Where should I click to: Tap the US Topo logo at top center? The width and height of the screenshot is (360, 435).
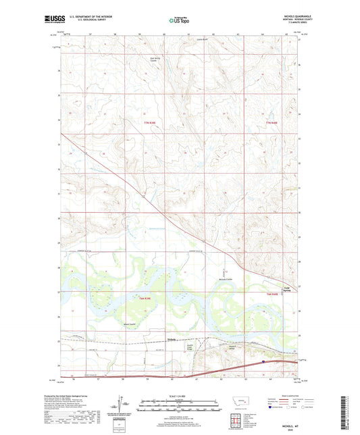pyautogui.click(x=178, y=21)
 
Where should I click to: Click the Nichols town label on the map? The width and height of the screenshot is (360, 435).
pyautogui.click(x=173, y=340)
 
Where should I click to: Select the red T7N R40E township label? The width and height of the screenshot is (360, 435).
pyautogui.click(x=272, y=122)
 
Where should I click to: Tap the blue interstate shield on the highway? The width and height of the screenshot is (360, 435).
pyautogui.click(x=263, y=362)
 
